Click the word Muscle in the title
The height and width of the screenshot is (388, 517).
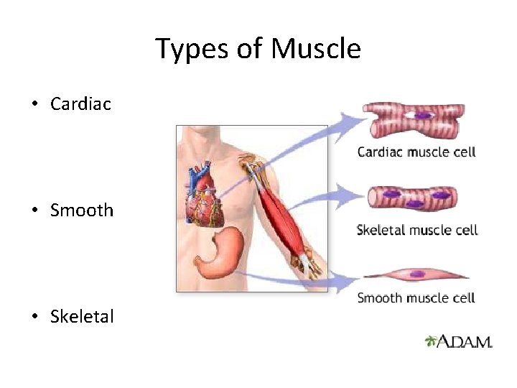316,50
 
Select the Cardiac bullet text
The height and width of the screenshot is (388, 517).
80,104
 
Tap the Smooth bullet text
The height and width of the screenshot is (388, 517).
82,211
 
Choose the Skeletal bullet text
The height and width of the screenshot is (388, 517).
82,316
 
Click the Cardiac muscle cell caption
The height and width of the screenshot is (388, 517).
416,152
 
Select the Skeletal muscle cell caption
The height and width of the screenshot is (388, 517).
417,230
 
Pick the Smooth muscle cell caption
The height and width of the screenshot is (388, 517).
416,297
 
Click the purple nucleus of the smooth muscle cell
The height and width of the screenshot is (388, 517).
415,274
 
